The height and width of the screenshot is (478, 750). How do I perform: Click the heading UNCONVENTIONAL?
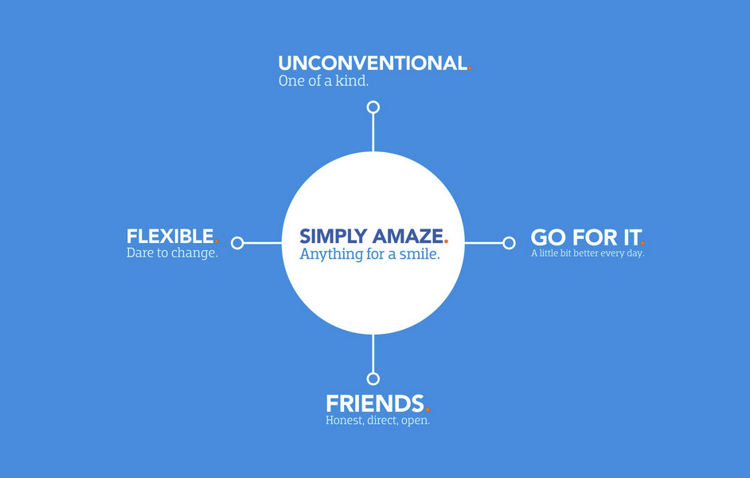pyautogui.click(x=372, y=64)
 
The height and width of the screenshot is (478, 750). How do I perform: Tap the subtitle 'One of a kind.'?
pyautogui.click(x=323, y=81)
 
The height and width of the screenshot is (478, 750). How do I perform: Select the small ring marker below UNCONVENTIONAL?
pyautogui.click(x=373, y=107)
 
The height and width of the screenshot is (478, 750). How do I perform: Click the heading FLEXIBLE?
pyautogui.click(x=170, y=237)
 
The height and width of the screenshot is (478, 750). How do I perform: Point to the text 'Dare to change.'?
pyautogui.click(x=172, y=254)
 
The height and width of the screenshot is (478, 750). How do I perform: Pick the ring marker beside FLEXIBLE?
pyautogui.click(x=237, y=243)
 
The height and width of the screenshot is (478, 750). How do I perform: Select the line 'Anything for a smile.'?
pyautogui.click(x=369, y=255)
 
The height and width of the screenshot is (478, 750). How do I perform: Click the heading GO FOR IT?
pyautogui.click(x=585, y=238)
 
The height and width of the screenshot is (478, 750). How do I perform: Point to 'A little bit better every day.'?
pyautogui.click(x=588, y=254)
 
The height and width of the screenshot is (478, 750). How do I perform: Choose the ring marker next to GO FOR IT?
pyautogui.click(x=509, y=243)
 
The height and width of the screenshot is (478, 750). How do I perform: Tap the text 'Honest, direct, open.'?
pyautogui.click(x=377, y=421)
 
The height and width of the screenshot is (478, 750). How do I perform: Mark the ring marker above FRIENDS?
pyautogui.click(x=373, y=378)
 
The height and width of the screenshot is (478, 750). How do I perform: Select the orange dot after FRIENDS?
pyautogui.click(x=428, y=409)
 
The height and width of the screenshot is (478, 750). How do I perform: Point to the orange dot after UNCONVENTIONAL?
pyautogui.click(x=470, y=69)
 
